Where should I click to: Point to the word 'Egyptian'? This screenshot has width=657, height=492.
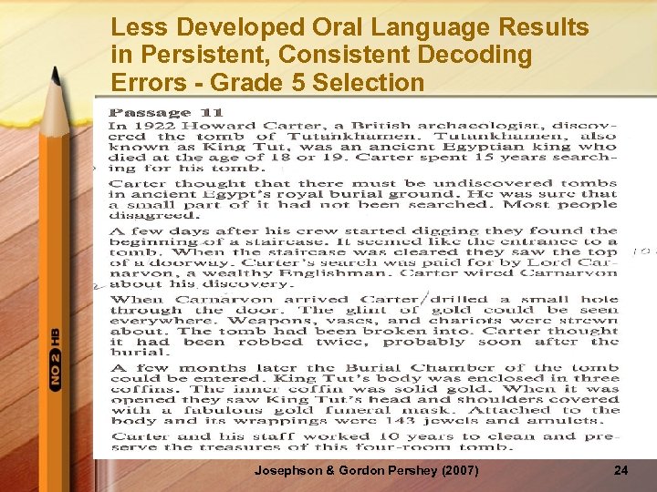coord(495,146)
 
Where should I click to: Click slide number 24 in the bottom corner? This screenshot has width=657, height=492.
coord(620,470)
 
